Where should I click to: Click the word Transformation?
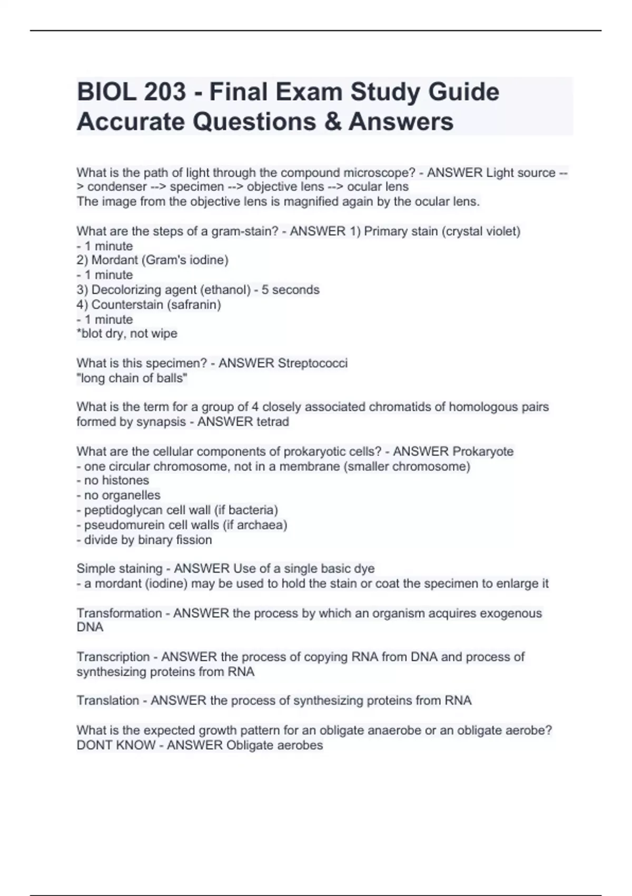(119, 613)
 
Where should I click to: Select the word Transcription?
(113, 657)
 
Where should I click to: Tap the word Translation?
(108, 700)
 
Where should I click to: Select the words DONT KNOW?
(116, 745)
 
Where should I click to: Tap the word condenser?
(117, 187)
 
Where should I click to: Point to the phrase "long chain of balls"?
(132, 378)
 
